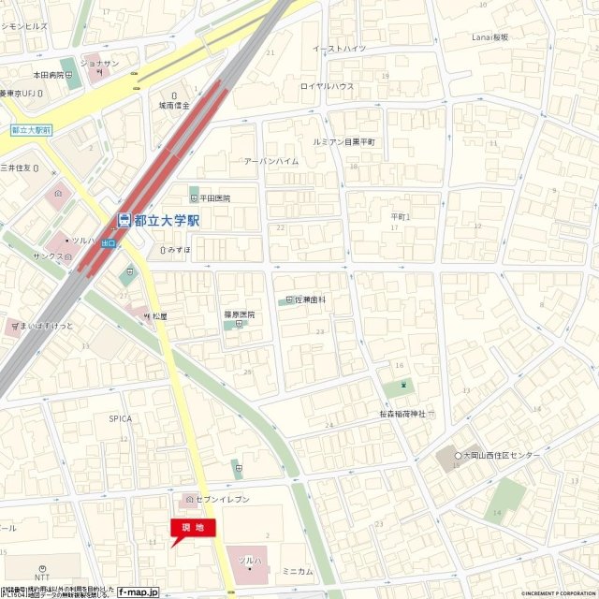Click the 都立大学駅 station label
[167, 221]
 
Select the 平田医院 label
[214, 198]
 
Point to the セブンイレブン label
[222, 500]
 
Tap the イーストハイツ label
[339, 48]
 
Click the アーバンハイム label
[271, 161]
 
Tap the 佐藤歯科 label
[310, 299]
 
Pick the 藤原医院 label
[240, 314]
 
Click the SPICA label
[119, 418]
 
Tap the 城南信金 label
[174, 106]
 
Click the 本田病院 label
[49, 74]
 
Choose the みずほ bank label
[179, 250]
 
